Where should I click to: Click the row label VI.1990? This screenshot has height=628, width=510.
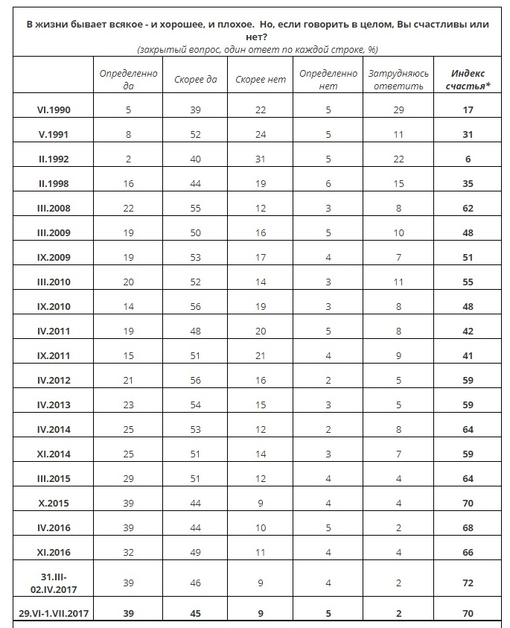click(x=54, y=110)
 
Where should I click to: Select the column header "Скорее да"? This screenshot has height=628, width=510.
click(x=196, y=80)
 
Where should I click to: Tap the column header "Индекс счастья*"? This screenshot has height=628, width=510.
click(x=468, y=79)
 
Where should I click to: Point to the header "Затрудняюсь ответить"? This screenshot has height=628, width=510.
click(x=395, y=79)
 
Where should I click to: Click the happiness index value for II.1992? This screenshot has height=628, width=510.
click(x=468, y=159)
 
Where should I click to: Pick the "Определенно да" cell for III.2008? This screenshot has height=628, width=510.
click(x=130, y=209)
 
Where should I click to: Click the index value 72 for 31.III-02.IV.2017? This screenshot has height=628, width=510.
click(x=468, y=583)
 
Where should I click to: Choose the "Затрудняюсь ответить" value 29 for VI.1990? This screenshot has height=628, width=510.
click(x=399, y=110)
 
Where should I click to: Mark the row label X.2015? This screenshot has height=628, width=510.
click(x=54, y=504)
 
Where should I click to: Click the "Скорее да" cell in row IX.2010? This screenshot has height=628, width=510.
click(x=196, y=306)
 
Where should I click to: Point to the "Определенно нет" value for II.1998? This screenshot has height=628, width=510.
click(x=328, y=184)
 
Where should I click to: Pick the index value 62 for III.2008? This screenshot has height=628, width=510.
click(x=468, y=209)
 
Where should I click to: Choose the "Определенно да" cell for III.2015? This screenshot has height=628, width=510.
click(x=130, y=479)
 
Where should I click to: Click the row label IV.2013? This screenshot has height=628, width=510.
click(x=54, y=405)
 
